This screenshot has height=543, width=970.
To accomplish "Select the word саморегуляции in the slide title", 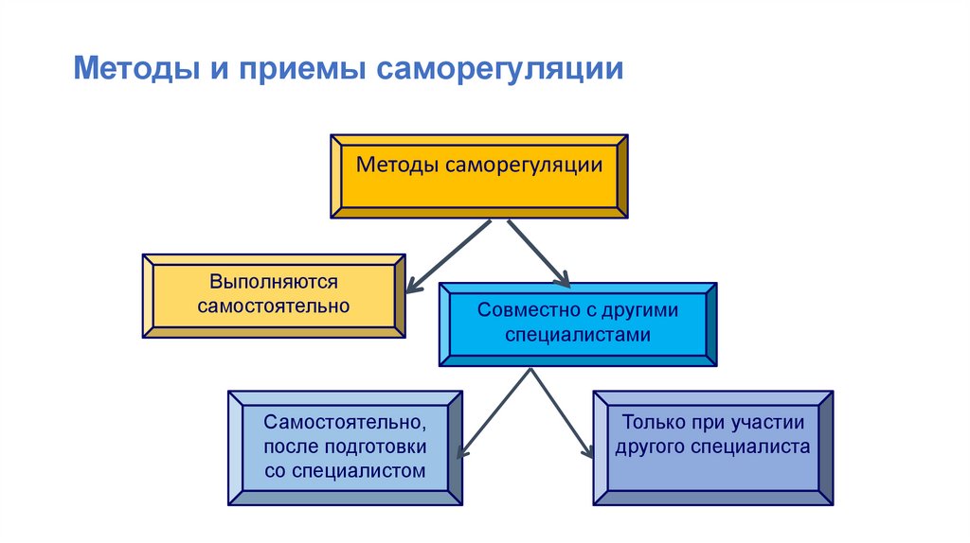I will [x=499, y=70].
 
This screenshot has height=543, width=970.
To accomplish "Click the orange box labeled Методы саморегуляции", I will [x=478, y=177].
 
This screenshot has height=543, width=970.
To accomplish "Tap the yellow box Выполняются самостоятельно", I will [x=274, y=295].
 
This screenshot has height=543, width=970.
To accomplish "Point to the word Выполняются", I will [x=275, y=283].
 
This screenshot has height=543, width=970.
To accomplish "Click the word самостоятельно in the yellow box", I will [x=274, y=306].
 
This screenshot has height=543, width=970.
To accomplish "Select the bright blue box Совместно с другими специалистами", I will [x=578, y=324].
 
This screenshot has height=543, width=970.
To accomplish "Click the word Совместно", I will [x=519, y=310].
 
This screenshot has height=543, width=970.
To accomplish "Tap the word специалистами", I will [x=578, y=335].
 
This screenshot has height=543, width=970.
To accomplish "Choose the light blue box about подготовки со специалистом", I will [x=345, y=447].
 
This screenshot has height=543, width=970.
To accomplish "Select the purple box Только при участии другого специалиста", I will [x=712, y=447].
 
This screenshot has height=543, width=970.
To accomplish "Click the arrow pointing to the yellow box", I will [x=447, y=255].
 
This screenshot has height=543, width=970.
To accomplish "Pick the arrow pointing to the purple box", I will [x=562, y=415].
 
